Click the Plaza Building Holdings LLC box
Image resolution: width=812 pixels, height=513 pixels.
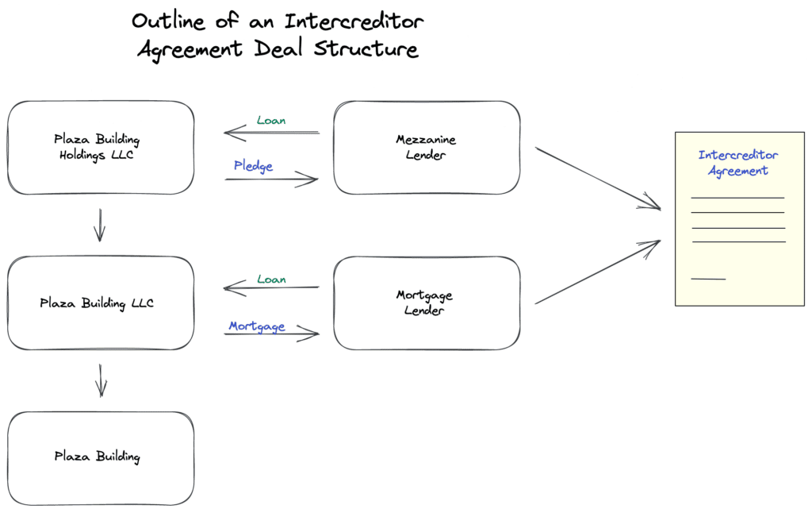pos(100,148)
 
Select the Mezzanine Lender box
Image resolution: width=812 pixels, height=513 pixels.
pos(426,148)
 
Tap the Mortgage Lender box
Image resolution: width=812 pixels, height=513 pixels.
pos(426,303)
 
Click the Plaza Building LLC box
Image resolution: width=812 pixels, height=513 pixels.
pos(100,303)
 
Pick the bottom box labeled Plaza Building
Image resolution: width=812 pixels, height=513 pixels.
pos(100,457)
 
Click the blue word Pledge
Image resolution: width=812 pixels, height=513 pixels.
pos(253,166)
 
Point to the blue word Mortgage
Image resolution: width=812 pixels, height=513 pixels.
pos(256,326)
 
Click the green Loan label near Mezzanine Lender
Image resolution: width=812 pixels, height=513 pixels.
pos(271,121)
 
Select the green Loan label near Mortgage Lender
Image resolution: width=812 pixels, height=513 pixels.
pos(271,280)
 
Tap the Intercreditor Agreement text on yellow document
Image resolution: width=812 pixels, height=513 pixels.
pos(737,163)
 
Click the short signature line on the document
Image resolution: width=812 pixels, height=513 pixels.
pos(708,279)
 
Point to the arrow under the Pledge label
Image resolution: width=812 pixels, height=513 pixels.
pos(271,180)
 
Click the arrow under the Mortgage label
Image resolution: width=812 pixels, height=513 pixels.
pos(271,334)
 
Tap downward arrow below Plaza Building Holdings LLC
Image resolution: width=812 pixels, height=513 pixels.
pos(99,225)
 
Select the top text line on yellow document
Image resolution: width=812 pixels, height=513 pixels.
pos(737,197)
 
